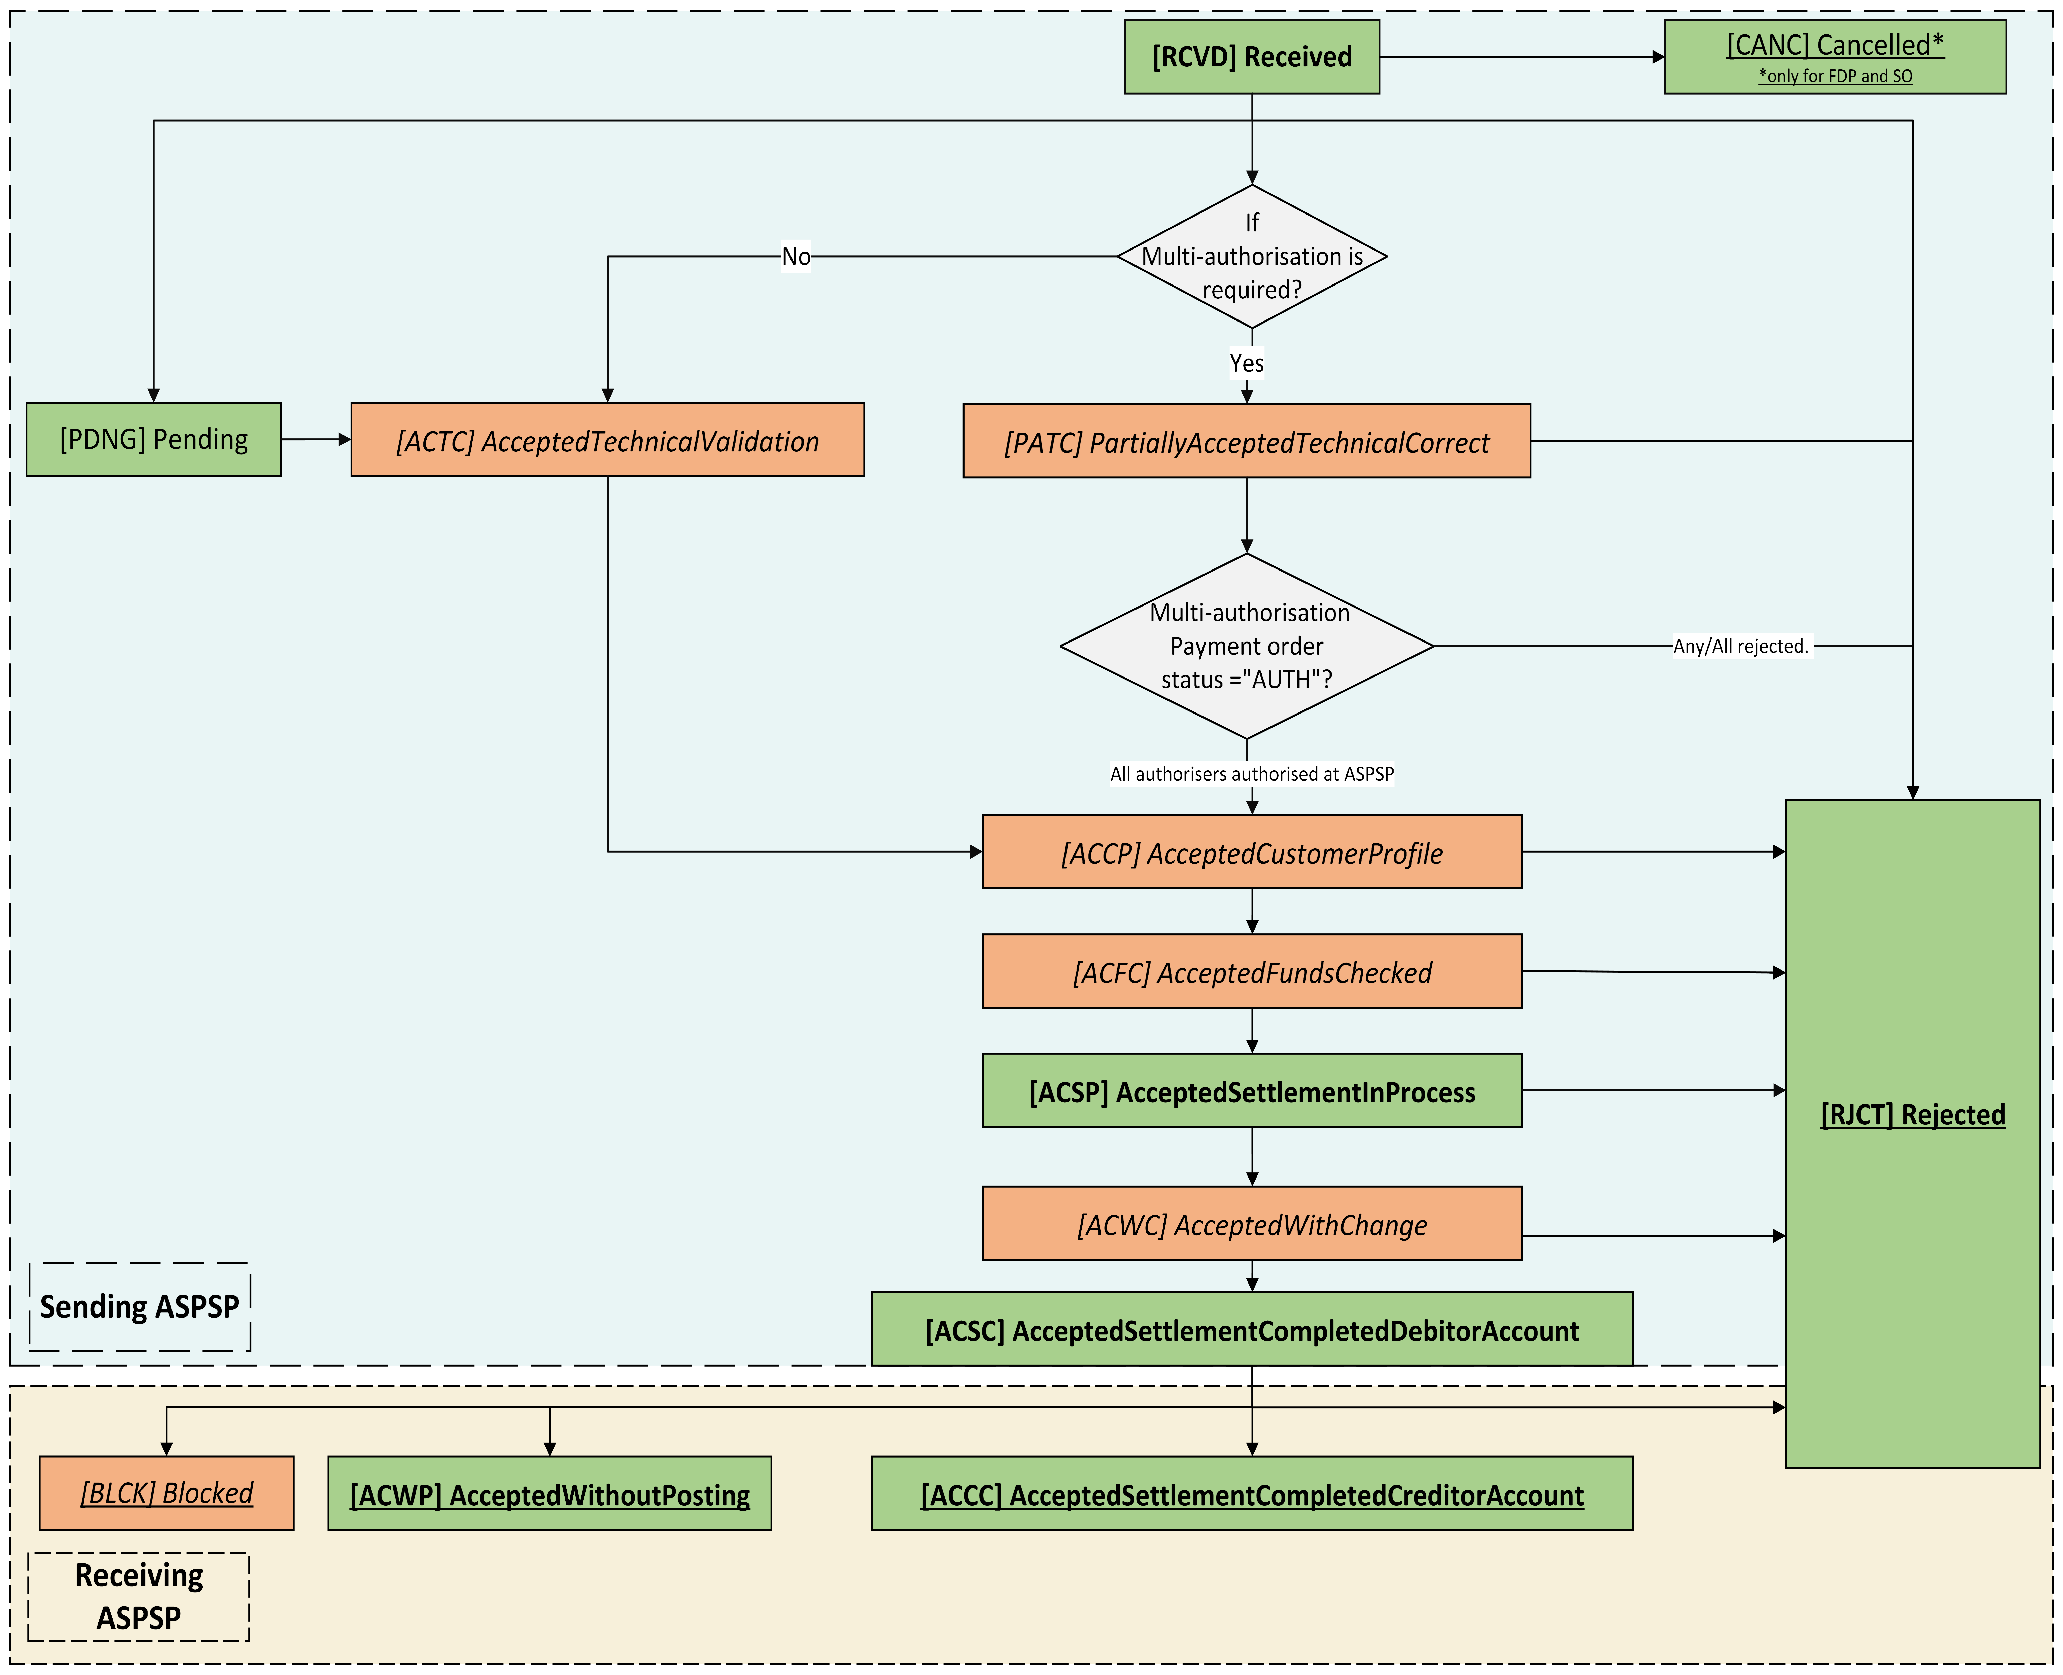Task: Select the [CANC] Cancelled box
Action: (1835, 57)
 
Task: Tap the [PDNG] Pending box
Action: (153, 439)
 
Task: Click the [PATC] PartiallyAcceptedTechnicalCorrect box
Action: (1247, 441)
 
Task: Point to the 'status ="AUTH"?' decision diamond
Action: (1247, 647)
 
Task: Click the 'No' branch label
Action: (796, 257)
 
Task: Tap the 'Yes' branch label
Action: (1247, 363)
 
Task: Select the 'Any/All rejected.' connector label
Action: (1741, 647)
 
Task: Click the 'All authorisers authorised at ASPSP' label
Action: (1252, 774)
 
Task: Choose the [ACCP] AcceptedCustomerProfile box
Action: (1252, 852)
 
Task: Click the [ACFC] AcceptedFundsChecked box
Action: (1252, 972)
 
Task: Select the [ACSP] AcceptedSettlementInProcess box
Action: (1252, 1090)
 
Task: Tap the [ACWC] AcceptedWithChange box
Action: (1252, 1223)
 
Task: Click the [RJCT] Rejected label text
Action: (1912, 1114)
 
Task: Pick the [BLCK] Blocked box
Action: (166, 1493)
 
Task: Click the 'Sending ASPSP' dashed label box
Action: (140, 1306)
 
